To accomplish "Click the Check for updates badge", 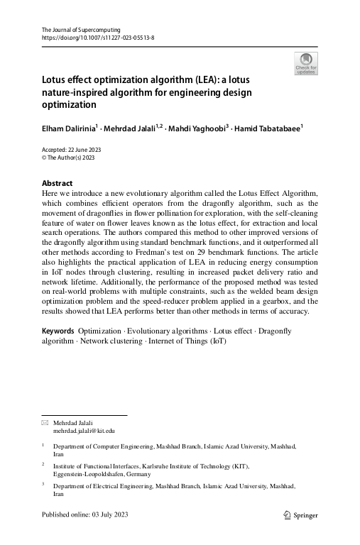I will (305, 63).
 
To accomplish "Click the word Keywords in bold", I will (58, 331).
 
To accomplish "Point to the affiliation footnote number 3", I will (43, 485).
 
